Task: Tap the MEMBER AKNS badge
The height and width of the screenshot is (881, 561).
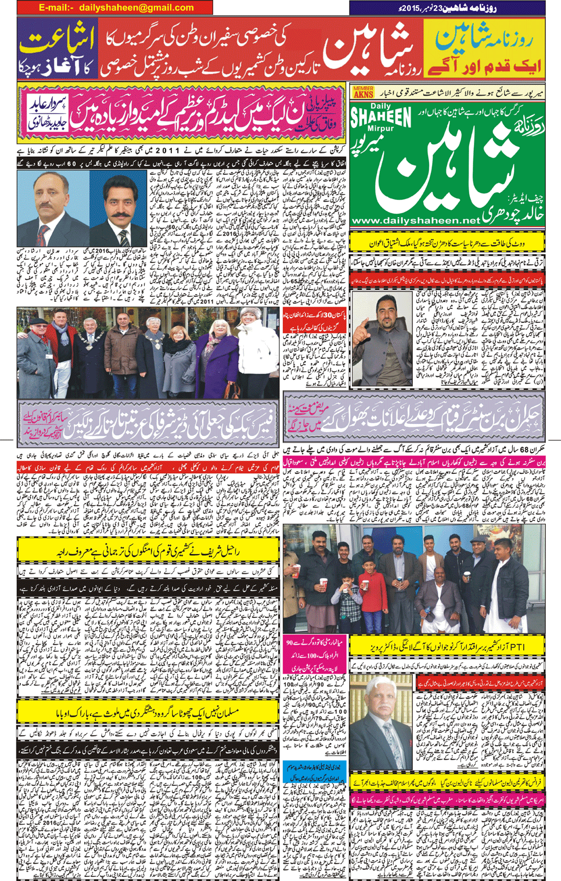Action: pyautogui.click(x=364, y=92)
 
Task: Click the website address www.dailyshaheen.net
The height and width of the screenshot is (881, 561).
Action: pyautogui.click(x=416, y=221)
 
